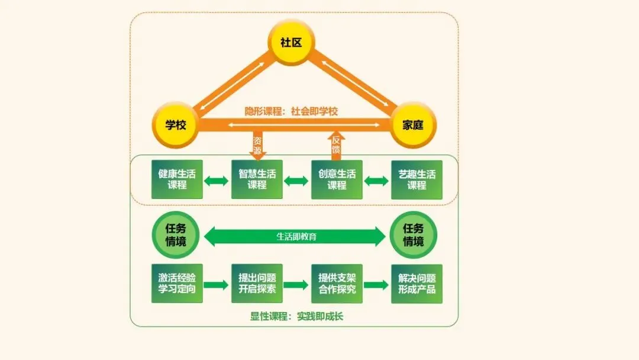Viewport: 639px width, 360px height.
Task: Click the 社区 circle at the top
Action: [x=292, y=42]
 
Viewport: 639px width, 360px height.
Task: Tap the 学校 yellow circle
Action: [x=176, y=126]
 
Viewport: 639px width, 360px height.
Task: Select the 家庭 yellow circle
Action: [x=413, y=126]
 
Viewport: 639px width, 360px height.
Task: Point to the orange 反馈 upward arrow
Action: [x=336, y=145]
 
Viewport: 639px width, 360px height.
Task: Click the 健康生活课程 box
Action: [x=177, y=179]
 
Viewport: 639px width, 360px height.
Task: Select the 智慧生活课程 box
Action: [x=257, y=179]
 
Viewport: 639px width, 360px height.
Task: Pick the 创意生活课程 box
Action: [x=337, y=179]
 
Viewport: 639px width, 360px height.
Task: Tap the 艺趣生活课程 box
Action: [x=417, y=179]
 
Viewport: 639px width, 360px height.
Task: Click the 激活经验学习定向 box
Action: [x=177, y=284]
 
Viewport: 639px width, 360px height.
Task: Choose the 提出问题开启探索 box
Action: [x=257, y=284]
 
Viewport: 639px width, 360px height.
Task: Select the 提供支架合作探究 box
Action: [x=337, y=284]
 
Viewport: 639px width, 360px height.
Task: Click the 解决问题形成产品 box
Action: [x=417, y=284]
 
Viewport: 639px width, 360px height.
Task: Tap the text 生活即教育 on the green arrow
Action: [x=296, y=237]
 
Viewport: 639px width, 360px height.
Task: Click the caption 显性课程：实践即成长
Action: [x=296, y=316]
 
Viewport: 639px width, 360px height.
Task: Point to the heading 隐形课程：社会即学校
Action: [x=292, y=111]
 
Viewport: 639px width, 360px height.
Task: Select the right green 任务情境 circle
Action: [x=414, y=235]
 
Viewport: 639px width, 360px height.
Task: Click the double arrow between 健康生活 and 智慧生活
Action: [x=217, y=180]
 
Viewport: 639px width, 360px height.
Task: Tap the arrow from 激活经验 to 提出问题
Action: [x=217, y=285]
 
